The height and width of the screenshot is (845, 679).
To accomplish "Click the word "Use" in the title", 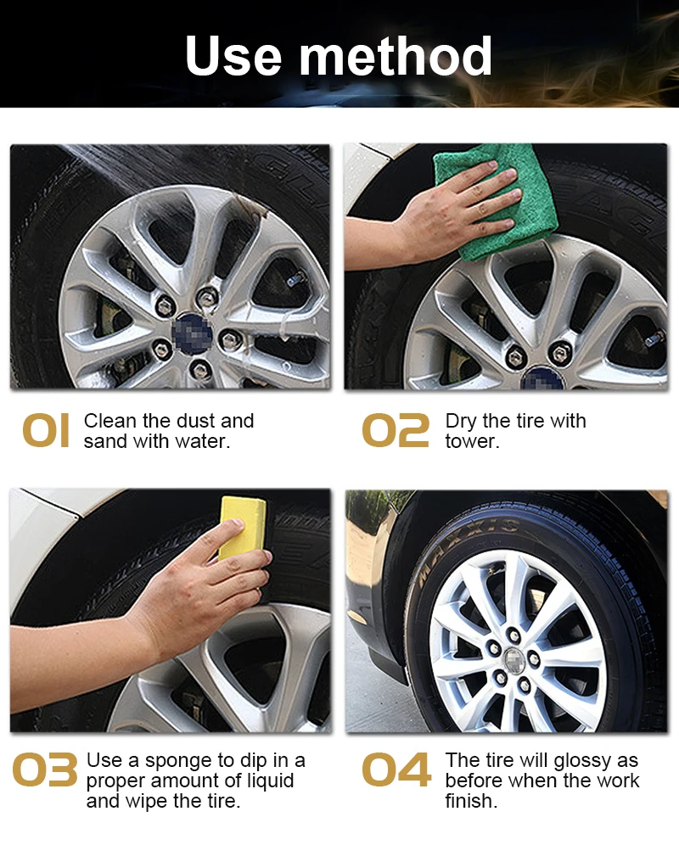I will (x=234, y=56).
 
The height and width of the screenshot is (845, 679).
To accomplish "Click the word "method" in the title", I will (x=396, y=56).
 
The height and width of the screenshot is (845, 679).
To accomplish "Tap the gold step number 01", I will (x=46, y=432).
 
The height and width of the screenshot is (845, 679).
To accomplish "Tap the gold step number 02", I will (x=396, y=432).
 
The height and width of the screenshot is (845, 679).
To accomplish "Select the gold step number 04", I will (x=396, y=771).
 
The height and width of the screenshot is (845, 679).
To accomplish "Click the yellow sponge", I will (x=242, y=526).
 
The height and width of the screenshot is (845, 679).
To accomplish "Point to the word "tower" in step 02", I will (x=471, y=442).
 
